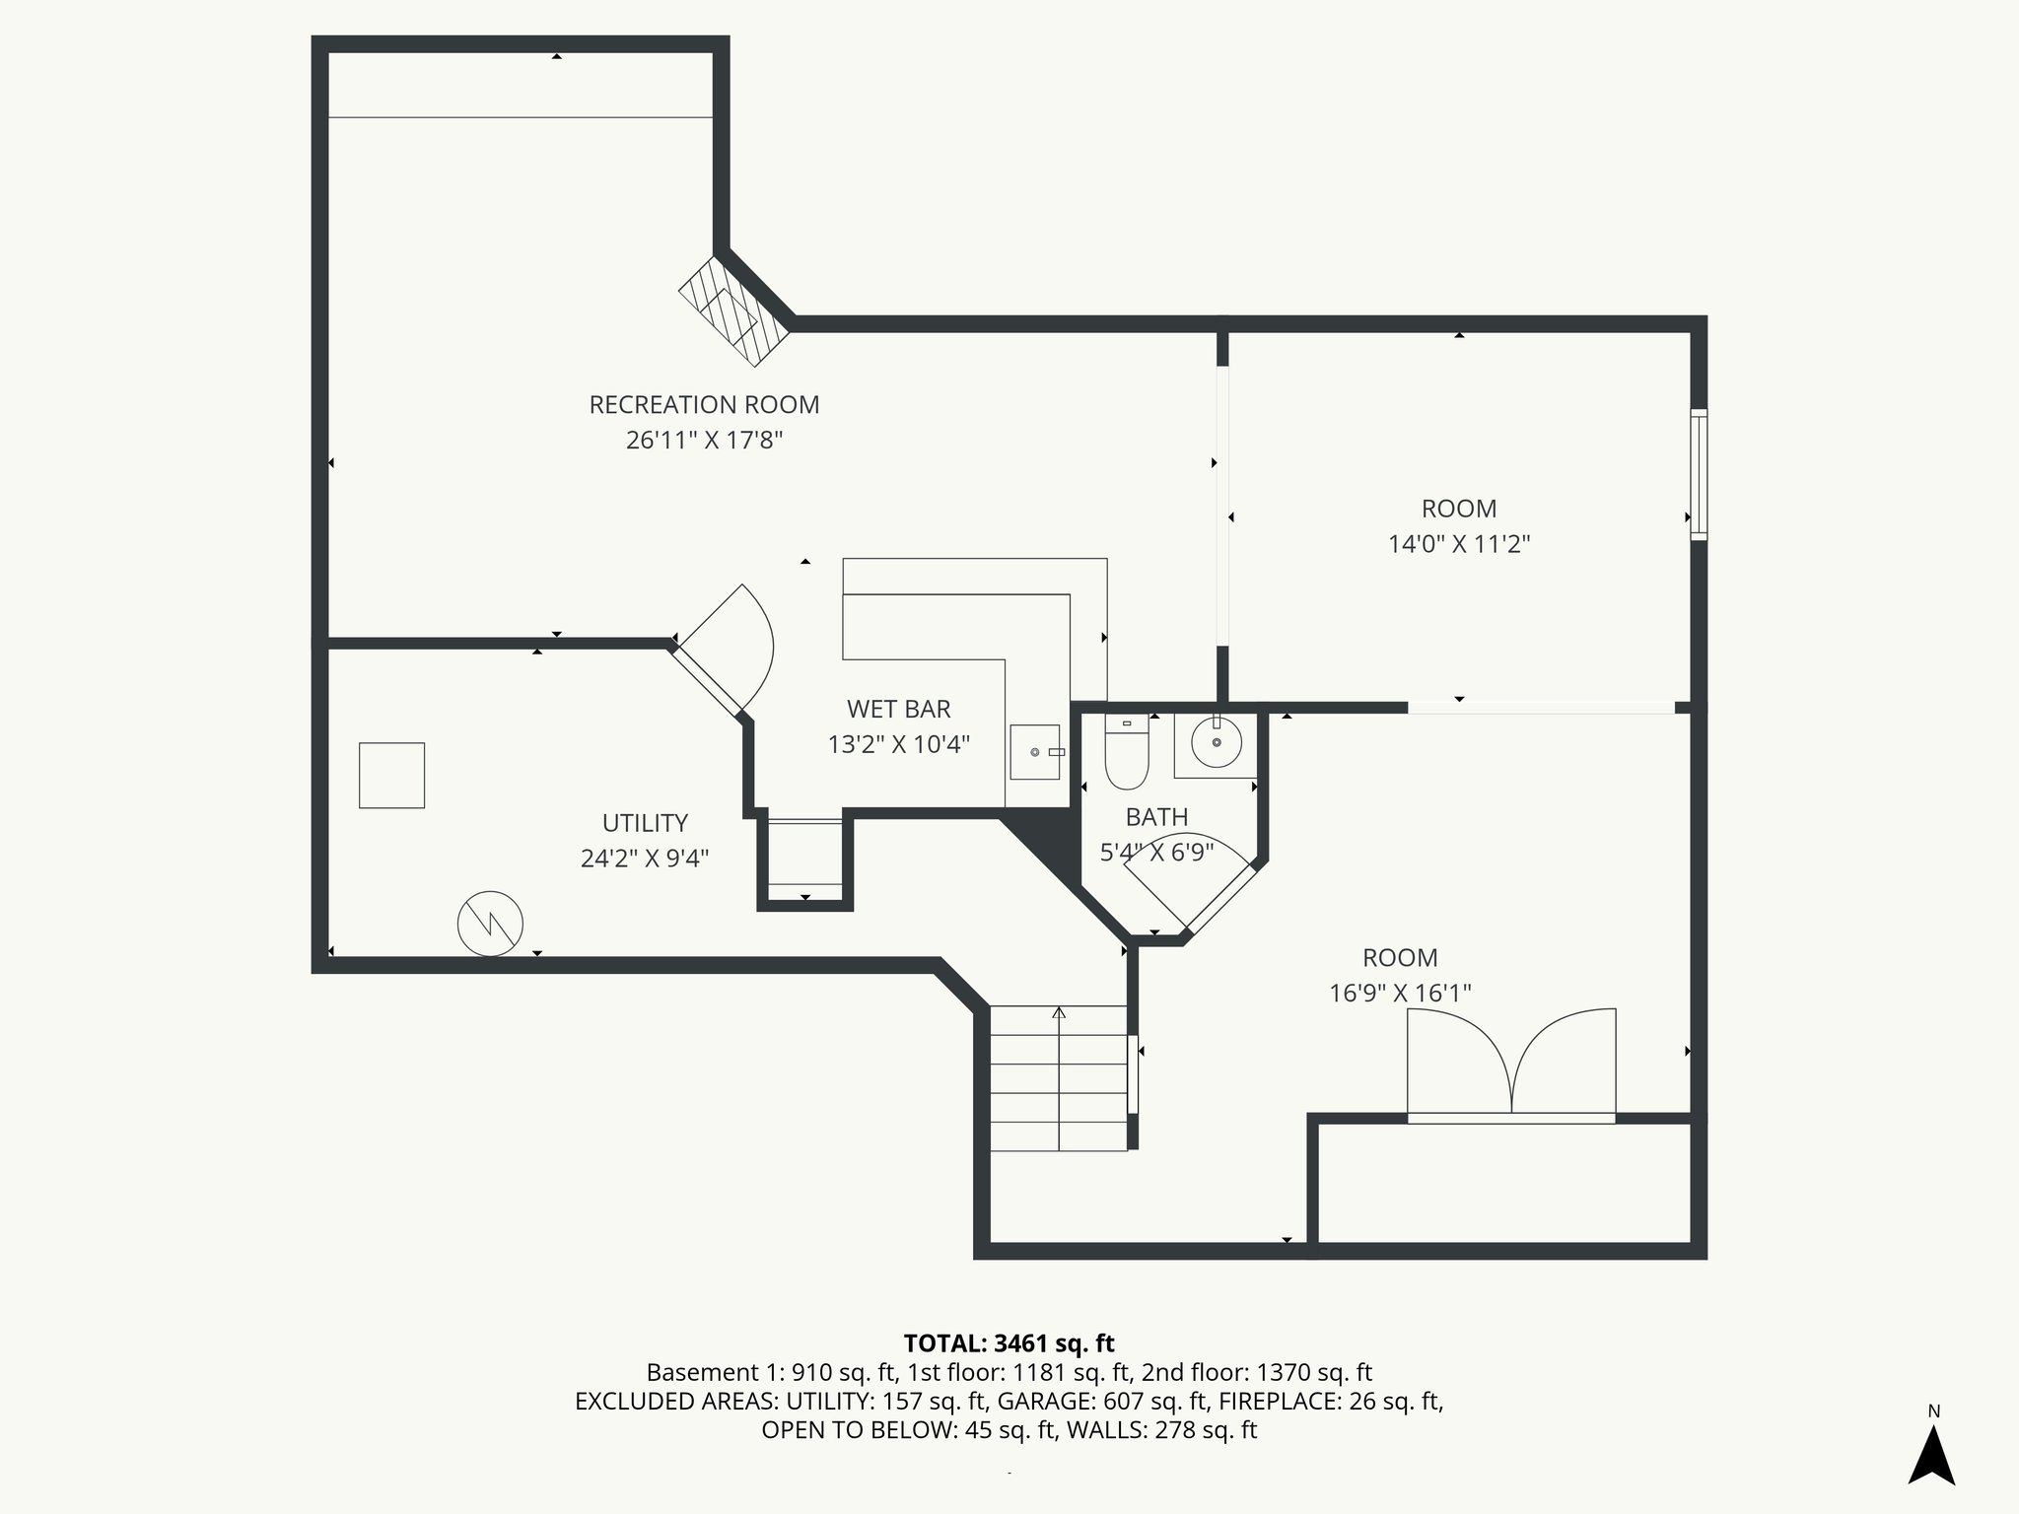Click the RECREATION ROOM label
[x=704, y=405]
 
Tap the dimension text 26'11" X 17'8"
[x=704, y=440]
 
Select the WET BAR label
[x=898, y=710]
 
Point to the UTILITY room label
[x=645, y=823]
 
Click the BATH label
[x=1156, y=817]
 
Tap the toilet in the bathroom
[x=1127, y=754]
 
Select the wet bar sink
[x=1035, y=752]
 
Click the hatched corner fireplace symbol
[x=733, y=311]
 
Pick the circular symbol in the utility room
[x=490, y=924]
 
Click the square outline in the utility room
[x=391, y=776]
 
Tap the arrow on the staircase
[x=1059, y=1013]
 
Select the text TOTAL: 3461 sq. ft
[x=1009, y=1343]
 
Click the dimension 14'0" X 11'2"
[x=1459, y=544]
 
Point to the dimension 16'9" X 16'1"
[x=1400, y=994]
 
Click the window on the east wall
[x=1699, y=475]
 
